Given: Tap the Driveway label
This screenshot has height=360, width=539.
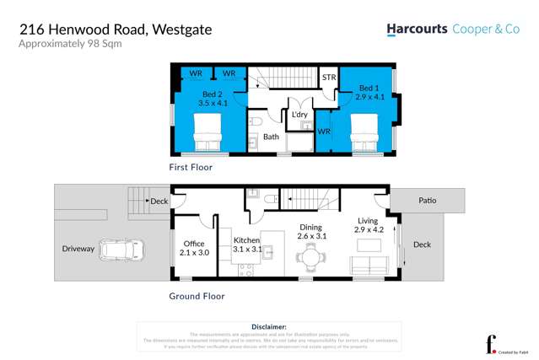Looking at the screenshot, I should (78, 249).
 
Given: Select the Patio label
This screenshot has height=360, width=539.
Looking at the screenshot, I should (427, 201).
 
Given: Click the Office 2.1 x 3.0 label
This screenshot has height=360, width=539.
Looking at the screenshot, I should (194, 249).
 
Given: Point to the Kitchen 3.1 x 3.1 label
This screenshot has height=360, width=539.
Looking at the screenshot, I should (246, 245).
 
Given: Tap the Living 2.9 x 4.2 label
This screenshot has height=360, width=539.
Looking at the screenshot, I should (369, 224).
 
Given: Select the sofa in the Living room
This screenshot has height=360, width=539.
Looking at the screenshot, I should (369, 269).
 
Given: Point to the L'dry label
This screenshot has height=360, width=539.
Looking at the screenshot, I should (299, 115).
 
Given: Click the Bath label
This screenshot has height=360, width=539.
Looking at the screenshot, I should (271, 137).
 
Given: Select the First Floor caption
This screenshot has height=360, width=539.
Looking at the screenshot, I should (191, 168).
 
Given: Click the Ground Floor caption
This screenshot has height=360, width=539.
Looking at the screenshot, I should (197, 296).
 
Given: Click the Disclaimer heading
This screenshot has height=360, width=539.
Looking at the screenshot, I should (269, 325).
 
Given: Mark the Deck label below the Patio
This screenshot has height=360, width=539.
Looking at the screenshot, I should (422, 244).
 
